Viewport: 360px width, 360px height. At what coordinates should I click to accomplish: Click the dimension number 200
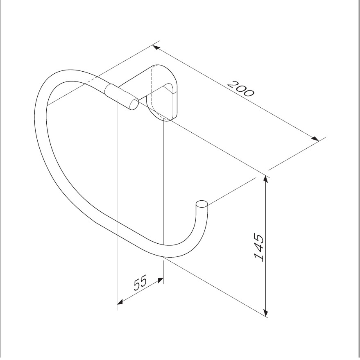click(x=241, y=89)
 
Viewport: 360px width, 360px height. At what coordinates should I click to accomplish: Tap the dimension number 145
click(x=259, y=247)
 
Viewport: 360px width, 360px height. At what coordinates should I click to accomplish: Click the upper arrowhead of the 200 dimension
click(x=156, y=47)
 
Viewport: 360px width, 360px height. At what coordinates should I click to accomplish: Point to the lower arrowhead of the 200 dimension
click(x=315, y=138)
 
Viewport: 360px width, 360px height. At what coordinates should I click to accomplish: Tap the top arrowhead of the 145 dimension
click(x=266, y=179)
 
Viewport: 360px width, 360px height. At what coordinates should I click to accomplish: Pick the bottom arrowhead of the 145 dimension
click(x=266, y=313)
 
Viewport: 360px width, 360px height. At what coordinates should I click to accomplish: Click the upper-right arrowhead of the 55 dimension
click(x=160, y=280)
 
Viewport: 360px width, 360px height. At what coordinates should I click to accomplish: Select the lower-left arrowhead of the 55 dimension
click(x=120, y=302)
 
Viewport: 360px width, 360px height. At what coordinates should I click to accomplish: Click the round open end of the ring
click(x=202, y=204)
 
